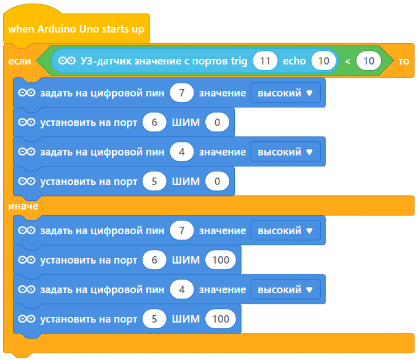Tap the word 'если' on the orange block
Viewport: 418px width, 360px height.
tap(19, 61)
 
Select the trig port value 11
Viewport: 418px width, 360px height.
tap(265, 61)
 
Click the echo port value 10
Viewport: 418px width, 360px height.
tap(323, 61)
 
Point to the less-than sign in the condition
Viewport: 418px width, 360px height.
tap(347, 61)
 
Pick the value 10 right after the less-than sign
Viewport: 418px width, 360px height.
tap(369, 61)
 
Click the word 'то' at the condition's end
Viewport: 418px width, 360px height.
tap(404, 61)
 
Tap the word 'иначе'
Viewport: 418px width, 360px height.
tap(23, 206)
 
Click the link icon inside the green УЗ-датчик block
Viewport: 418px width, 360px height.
tap(67, 61)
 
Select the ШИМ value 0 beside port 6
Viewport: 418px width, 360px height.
tap(218, 122)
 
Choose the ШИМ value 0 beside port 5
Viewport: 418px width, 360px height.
tap(218, 181)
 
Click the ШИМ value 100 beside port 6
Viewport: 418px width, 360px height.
tap(220, 260)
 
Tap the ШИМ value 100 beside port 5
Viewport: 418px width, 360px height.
tap(220, 319)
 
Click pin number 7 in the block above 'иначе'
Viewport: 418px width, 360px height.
tap(182, 93)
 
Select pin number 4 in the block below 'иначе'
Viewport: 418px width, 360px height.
tap(182, 289)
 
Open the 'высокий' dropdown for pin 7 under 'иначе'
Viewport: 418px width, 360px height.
tap(286, 230)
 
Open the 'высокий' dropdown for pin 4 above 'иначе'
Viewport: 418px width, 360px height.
tap(286, 152)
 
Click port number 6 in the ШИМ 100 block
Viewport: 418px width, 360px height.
tap(154, 260)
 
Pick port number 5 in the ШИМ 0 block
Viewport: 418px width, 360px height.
tap(154, 181)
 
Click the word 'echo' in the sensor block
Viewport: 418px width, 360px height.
tap(294, 61)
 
